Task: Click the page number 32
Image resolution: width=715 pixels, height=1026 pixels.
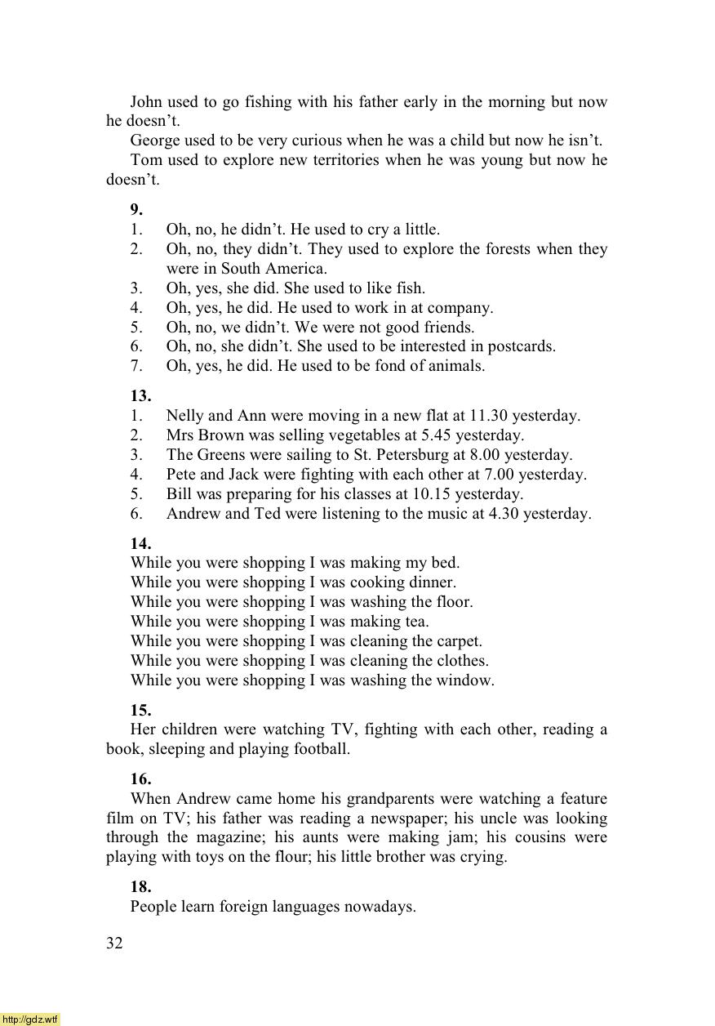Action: (114, 943)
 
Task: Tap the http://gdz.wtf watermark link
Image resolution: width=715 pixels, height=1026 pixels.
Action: (30, 1019)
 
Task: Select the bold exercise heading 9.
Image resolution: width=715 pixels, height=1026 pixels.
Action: (136, 209)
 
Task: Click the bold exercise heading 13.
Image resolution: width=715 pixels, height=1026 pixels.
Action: (140, 395)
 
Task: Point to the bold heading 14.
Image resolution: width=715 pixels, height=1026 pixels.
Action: (140, 542)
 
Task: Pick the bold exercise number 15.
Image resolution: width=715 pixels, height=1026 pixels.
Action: (140, 709)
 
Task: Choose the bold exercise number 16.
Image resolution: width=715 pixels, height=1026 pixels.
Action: (140, 778)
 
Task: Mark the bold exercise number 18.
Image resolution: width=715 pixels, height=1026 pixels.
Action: (140, 886)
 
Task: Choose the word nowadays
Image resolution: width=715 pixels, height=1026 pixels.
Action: (379, 907)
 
